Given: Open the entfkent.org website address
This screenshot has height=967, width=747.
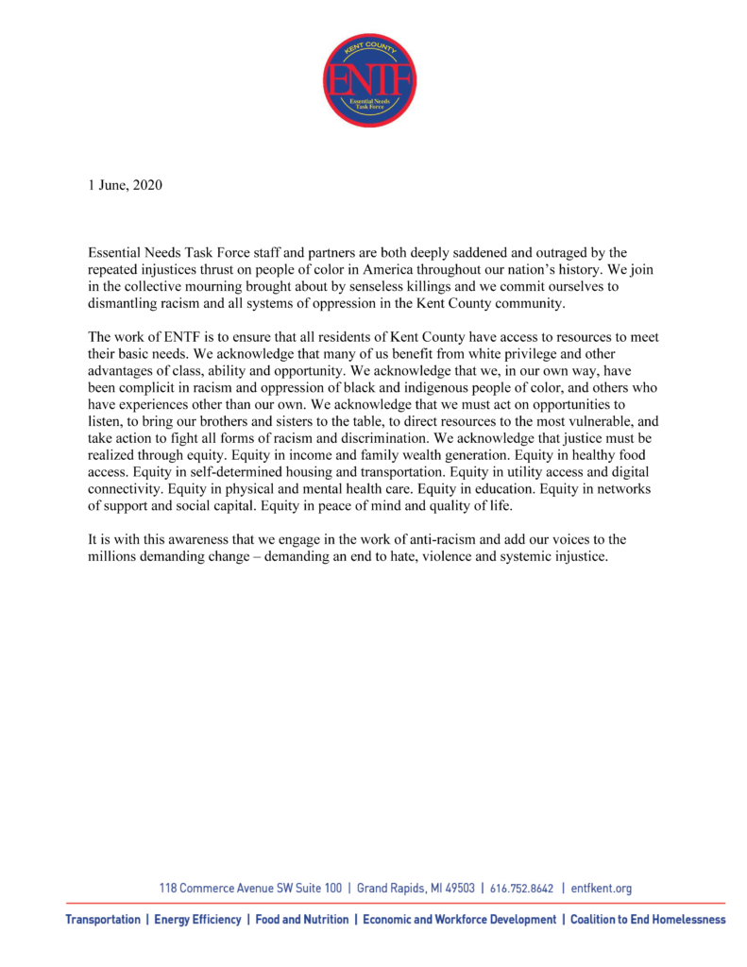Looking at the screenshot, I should pyautogui.click(x=602, y=888).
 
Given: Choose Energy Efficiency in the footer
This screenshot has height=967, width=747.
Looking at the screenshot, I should pyautogui.click(x=197, y=920).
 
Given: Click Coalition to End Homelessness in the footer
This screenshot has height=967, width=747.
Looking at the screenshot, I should pyautogui.click(x=648, y=920).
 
